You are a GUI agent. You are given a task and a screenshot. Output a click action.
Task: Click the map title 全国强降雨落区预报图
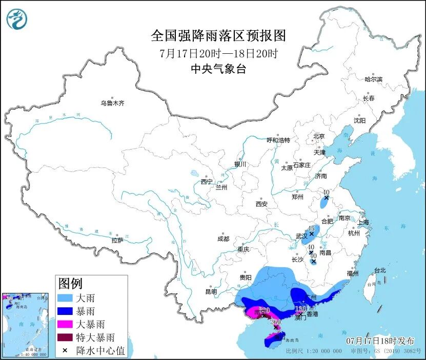coord(218,35)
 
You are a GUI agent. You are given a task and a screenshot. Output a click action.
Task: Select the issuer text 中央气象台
coord(218,69)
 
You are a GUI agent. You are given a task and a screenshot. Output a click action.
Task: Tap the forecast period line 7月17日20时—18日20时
coord(218,53)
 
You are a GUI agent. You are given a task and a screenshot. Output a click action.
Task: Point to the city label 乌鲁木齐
coord(112,103)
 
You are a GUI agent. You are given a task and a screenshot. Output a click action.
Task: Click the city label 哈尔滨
coord(373,79)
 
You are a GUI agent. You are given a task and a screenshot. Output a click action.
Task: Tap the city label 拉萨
coord(117,240)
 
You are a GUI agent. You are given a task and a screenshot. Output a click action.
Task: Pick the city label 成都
coord(223,239)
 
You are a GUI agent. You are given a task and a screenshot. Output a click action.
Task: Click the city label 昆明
coord(211,291)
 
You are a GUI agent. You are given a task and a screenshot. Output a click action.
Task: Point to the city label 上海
coord(362,222)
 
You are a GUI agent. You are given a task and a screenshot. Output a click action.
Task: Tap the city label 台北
coord(380,270)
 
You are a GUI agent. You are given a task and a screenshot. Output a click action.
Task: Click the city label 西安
coord(261,204)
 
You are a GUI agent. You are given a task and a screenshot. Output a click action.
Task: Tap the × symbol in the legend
coord(66,351)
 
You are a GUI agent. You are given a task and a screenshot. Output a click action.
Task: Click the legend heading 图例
coord(70,283)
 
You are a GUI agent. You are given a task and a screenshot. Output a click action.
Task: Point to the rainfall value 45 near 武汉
coord(311,228)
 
